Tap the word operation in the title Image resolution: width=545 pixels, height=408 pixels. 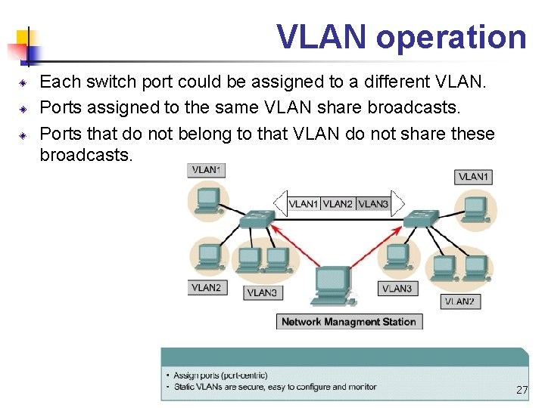pyautogui.click(x=450, y=37)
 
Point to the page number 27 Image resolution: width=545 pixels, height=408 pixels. pyautogui.click(x=522, y=390)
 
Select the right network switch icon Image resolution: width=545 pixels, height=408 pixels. pyautogui.click(x=421, y=219)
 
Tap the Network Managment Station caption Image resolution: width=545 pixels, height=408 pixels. pyautogui.click(x=349, y=322)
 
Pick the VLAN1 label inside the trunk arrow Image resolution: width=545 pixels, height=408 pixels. pyautogui.click(x=304, y=203)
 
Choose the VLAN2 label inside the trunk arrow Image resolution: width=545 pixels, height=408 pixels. pyautogui.click(x=338, y=203)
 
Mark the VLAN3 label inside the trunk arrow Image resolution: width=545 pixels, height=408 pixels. pyautogui.click(x=372, y=203)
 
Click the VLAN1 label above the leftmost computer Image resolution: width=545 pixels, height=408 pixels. pyautogui.click(x=206, y=170)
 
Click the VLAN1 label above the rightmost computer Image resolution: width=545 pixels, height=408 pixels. pyautogui.click(x=474, y=177)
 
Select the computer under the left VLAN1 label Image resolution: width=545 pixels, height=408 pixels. pyautogui.click(x=206, y=201)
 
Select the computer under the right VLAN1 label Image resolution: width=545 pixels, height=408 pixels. pyautogui.click(x=475, y=209)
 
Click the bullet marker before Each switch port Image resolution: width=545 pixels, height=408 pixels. pyautogui.click(x=23, y=82)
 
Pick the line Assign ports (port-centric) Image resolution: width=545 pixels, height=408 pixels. pyautogui.click(x=220, y=376)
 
